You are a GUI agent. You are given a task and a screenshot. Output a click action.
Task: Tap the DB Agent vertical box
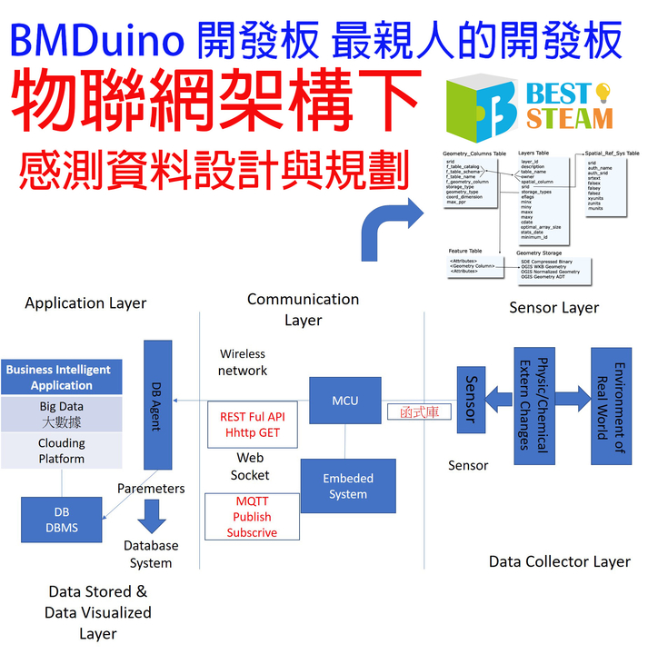click(158, 404)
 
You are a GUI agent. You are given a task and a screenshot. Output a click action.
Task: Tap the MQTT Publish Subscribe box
click(252, 517)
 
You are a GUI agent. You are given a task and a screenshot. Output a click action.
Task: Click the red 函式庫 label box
click(419, 411)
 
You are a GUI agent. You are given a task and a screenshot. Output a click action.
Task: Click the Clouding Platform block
click(62, 451)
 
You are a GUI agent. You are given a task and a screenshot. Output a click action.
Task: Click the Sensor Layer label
click(553, 307)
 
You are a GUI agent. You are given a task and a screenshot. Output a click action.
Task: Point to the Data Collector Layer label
click(559, 561)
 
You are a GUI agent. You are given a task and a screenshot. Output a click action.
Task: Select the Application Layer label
click(85, 302)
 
